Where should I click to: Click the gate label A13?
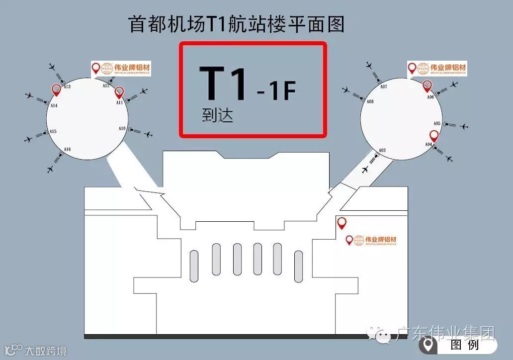(67, 87)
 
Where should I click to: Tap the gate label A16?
(67, 150)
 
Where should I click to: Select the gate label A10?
(122, 129)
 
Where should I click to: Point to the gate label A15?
(53, 132)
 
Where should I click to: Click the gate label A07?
(384, 87)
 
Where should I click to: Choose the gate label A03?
(382, 150)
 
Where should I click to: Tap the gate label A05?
(437, 123)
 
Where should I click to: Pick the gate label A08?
(370, 101)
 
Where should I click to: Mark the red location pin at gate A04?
(434, 135)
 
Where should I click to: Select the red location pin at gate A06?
(427, 86)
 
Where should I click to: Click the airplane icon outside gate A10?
(148, 134)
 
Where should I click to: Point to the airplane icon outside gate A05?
(464, 127)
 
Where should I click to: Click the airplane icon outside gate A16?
(50, 169)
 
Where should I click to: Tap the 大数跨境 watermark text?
(45, 351)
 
